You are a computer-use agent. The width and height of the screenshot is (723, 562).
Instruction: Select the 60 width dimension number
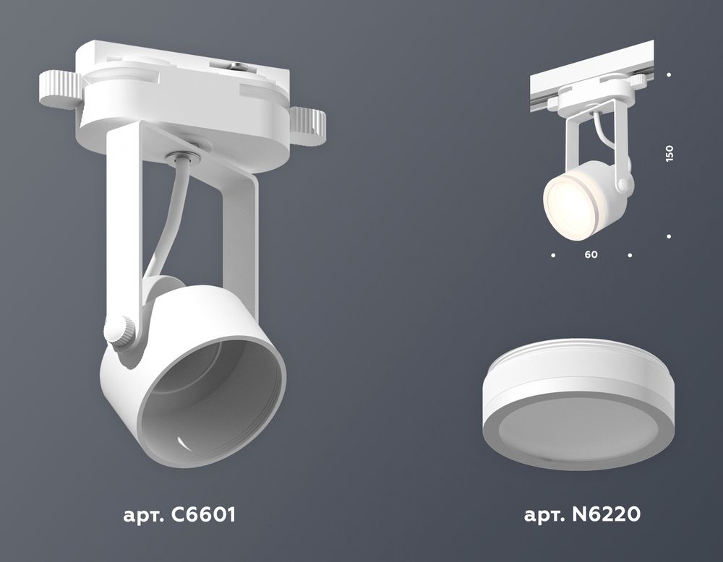pos(591,255)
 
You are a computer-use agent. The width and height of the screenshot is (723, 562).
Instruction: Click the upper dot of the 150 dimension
pos(669,74)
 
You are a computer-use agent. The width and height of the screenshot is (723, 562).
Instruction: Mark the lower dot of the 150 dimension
pos(669,236)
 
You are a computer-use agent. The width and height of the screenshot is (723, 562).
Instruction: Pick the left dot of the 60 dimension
pos(552,255)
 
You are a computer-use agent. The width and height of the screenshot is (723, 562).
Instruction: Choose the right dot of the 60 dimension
pos(630,255)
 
